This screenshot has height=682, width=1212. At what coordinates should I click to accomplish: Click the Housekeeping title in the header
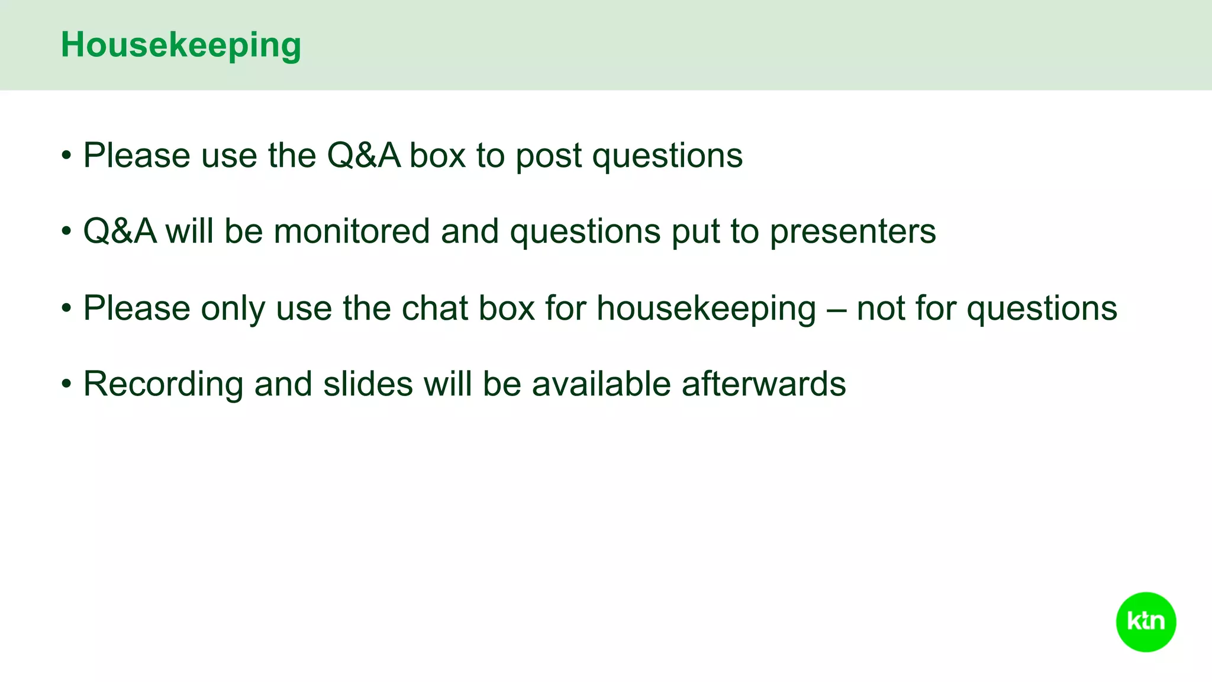pos(181,45)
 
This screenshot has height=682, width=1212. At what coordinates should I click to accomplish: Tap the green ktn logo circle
pos(1146,622)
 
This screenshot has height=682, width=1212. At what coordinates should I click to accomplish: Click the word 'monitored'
pos(352,231)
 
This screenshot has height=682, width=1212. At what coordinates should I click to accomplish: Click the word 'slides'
pos(368,384)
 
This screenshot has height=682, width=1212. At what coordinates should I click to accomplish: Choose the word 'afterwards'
pos(763,384)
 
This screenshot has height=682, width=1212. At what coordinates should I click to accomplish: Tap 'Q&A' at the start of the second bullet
pos(120,231)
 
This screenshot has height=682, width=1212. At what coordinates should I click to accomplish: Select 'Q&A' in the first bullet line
pos(363,156)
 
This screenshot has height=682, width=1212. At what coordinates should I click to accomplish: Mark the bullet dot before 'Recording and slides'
pos(67,385)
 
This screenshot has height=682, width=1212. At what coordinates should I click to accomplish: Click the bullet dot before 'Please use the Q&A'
pos(67,156)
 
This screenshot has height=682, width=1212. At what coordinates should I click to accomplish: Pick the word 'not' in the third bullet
pos(880,309)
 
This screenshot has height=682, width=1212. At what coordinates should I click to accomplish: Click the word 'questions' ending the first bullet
pos(667,157)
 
